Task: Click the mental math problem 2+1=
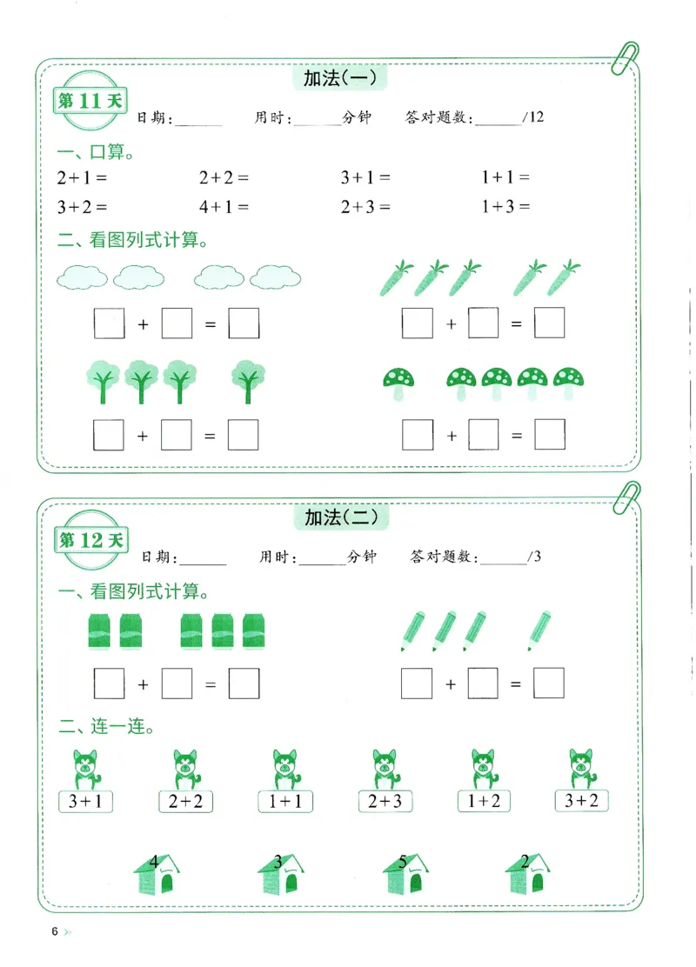click(x=81, y=177)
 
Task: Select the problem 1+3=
click(x=505, y=207)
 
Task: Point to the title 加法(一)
click(x=339, y=79)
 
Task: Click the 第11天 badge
click(x=90, y=101)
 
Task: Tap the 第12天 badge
click(x=90, y=540)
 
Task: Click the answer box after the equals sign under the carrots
click(x=549, y=323)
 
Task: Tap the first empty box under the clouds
click(x=109, y=324)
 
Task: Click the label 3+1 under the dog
click(x=85, y=801)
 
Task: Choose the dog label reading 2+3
click(x=385, y=801)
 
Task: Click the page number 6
click(x=55, y=932)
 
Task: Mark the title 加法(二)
click(x=341, y=517)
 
